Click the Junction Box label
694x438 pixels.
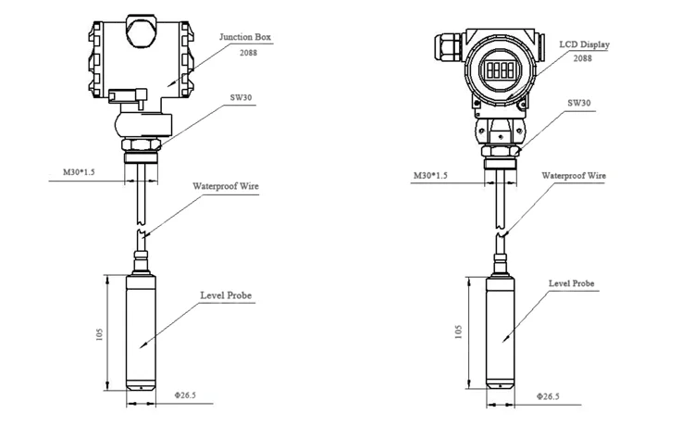244,38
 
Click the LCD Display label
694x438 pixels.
585,44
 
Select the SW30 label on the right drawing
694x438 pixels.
576,104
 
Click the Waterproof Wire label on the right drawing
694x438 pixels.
574,174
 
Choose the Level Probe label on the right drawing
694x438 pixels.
571,283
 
